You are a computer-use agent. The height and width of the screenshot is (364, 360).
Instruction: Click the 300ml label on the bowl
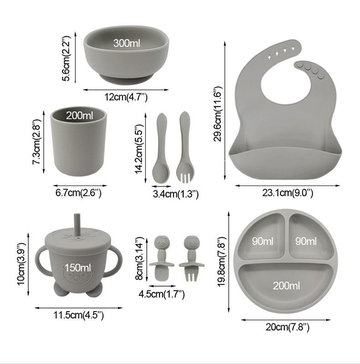coord(127,43)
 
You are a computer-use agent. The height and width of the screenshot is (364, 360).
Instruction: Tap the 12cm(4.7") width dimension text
coord(126,97)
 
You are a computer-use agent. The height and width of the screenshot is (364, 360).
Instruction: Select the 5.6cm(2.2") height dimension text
coord(66,58)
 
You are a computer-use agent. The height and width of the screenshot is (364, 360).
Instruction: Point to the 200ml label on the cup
coord(79,115)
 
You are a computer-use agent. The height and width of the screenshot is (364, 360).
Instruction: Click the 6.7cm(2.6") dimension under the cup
coord(78,193)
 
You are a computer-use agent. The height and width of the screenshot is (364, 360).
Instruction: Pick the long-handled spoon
coord(161,148)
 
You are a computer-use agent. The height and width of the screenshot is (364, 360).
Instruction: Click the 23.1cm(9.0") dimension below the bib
coord(288,193)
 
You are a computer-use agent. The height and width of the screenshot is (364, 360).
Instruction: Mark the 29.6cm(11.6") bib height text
coord(218,114)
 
